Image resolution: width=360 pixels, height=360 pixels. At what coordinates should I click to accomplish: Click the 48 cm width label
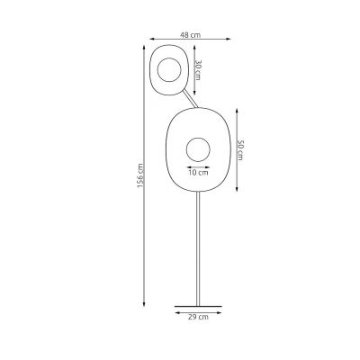tap(188, 35)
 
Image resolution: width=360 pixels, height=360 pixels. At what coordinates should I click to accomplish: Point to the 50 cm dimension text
tap(240, 148)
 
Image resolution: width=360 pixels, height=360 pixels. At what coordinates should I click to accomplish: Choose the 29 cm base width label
tap(198, 318)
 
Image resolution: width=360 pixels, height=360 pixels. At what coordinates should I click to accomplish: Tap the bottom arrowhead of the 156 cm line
tap(147, 302)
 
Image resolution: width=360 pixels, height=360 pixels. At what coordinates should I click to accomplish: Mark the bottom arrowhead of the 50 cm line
tap(236, 187)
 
